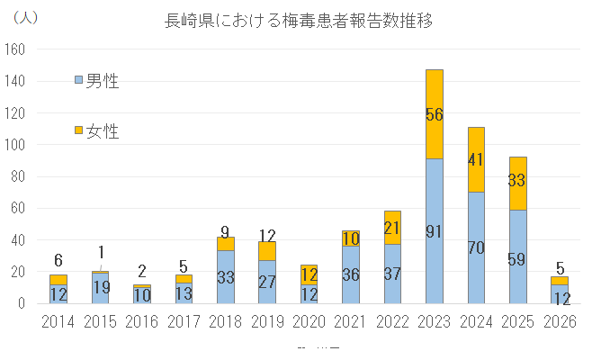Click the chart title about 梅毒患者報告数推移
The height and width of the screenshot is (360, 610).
coord(293,20)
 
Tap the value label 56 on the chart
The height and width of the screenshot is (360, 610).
coord(435,114)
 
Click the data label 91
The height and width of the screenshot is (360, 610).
coord(435,231)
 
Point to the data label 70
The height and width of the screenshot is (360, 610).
coord(476,247)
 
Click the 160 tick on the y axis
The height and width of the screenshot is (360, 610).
coord(16,49)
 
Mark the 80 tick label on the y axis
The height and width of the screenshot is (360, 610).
coord(19,176)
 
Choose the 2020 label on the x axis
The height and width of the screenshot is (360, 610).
coord(309,321)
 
